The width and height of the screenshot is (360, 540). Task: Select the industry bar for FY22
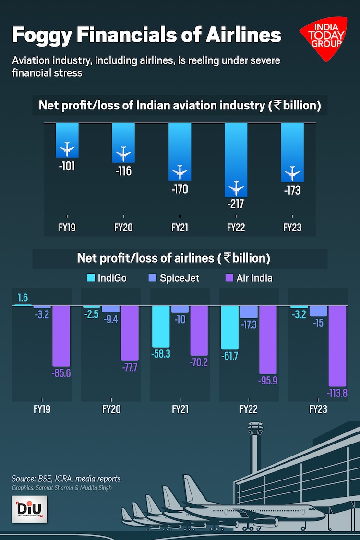[236, 158]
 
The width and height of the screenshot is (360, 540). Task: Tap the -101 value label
[67, 167]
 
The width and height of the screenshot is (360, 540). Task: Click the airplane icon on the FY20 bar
[123, 153]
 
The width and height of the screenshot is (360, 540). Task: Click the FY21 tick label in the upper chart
[180, 228]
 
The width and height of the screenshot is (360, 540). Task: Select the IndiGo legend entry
[107, 278]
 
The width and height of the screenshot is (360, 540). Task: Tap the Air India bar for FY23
[337, 346]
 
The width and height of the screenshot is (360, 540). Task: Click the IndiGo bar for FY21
[161, 326]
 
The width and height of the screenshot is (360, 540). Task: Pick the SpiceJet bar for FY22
[249, 312]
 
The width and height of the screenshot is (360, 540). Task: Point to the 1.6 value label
[23, 298]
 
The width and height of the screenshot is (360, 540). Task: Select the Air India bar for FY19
[61, 336]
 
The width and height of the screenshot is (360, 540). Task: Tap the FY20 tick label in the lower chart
[111, 409]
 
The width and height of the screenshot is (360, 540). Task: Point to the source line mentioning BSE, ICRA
[66, 479]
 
